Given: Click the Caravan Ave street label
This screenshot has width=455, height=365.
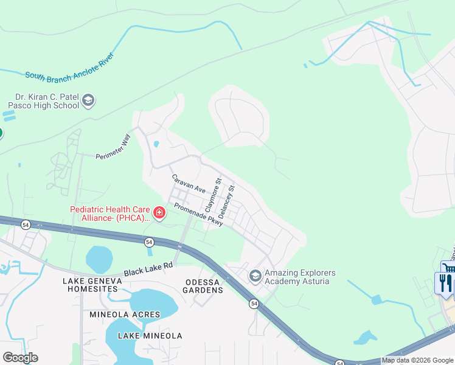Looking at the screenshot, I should [x=189, y=184].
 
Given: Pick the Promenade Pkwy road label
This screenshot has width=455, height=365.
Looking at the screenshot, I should [x=199, y=215].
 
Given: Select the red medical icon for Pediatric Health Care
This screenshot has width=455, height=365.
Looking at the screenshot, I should [x=159, y=212].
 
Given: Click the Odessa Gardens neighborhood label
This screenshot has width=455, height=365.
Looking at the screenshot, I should [x=203, y=285].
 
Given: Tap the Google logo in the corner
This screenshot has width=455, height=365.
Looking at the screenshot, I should [x=20, y=357].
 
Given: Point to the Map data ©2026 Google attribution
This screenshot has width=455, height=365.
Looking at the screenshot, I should [x=417, y=360].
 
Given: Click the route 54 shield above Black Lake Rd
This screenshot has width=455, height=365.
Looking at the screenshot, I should [x=149, y=242].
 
